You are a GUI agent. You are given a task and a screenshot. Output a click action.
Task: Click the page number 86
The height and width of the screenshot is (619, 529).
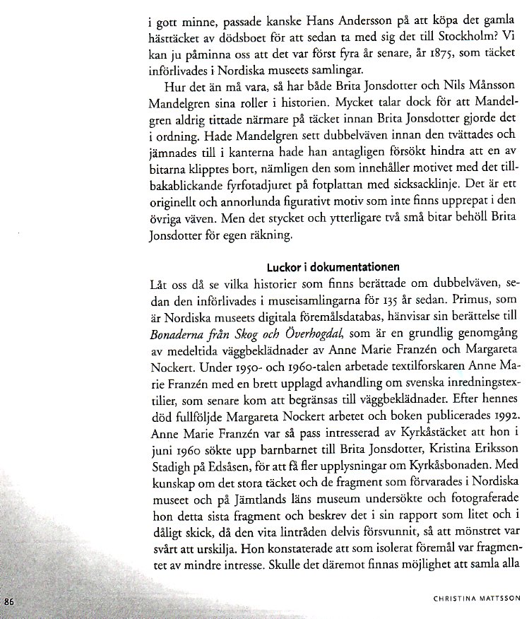click(x=10, y=601)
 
